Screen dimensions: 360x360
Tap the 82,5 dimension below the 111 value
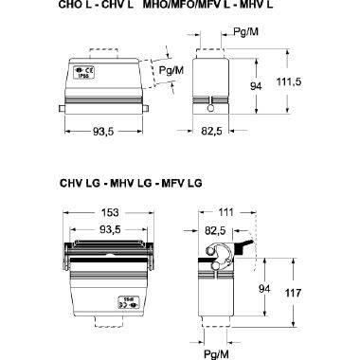pyautogui.click(x=216, y=230)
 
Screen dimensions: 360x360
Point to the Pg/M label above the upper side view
pyautogui.click(x=244, y=32)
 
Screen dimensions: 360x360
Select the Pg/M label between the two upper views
pyautogui.click(x=171, y=71)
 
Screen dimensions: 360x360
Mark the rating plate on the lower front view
pyautogui.click(x=125, y=304)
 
